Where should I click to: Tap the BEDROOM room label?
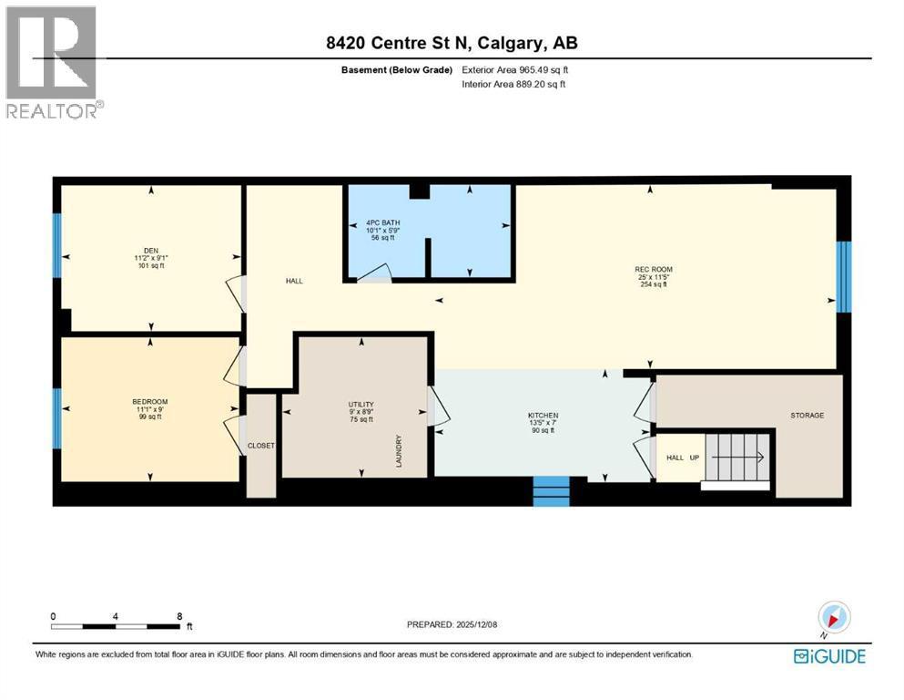pyautogui.click(x=150, y=402)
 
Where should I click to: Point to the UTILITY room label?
pyautogui.click(x=361, y=404)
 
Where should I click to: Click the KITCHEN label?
pyautogui.click(x=542, y=416)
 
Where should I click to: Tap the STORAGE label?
pyautogui.click(x=807, y=416)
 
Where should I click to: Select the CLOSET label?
pyautogui.click(x=261, y=446)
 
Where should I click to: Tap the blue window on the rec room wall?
pyautogui.click(x=843, y=277)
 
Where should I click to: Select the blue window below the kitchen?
pyautogui.click(x=551, y=492)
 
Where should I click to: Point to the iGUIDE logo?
pyautogui.click(x=829, y=656)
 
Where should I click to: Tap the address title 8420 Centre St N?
pyautogui.click(x=452, y=43)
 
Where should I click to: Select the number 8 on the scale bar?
pyautogui.click(x=179, y=616)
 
